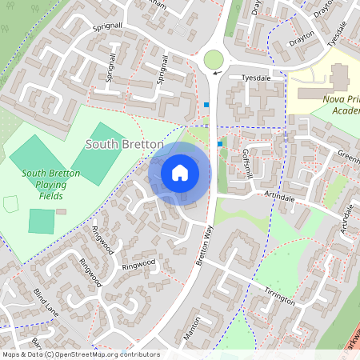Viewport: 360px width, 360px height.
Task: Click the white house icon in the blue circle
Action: coord(180,173)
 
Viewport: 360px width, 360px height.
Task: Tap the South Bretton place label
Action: coord(125,144)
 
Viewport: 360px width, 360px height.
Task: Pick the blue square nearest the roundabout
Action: coord(208,105)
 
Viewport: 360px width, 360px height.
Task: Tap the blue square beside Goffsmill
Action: coord(220,144)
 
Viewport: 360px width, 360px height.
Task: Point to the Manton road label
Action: coord(191,329)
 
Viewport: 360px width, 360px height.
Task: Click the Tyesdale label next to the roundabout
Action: coord(257,78)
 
